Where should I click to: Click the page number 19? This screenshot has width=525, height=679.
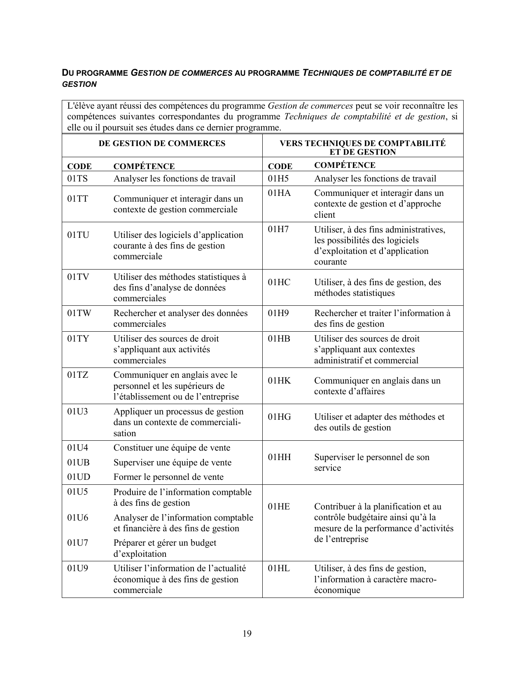coord(247,633)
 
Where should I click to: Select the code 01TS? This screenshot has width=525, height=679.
coord(77,179)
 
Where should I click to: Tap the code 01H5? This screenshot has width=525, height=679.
coord(278,179)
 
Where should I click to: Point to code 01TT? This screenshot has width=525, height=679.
coord(78,199)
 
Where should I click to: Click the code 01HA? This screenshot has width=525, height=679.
coord(279,193)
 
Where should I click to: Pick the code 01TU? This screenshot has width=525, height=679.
coord(78,235)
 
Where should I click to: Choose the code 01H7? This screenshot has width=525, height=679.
coord(278,229)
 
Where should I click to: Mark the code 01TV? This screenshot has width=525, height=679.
coord(78,277)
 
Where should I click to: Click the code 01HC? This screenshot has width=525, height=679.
coord(279,282)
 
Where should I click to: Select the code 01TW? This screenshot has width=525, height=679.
coord(79,313)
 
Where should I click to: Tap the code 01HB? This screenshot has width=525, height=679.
coord(279,339)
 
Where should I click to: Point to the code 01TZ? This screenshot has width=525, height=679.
coord(78,375)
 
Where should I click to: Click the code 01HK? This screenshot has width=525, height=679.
coord(279,381)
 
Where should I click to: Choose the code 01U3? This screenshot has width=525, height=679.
coord(77,412)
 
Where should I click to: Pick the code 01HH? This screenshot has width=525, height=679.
coord(279,457)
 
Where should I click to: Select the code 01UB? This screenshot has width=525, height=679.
coord(78,463)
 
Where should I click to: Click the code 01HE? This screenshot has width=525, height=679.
coord(279,507)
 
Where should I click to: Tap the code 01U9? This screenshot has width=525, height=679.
coord(77,568)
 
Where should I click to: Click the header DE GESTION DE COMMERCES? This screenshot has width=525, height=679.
coord(162,143)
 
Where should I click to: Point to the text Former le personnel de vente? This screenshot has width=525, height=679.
coord(168,477)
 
